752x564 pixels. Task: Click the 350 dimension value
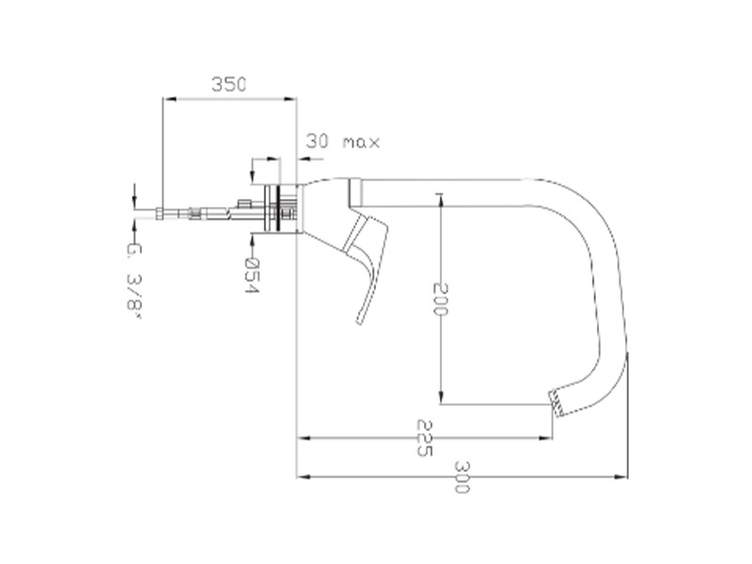tap(228, 85)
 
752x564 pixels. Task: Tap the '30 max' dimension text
tap(343, 142)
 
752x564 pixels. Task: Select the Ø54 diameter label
tap(251, 275)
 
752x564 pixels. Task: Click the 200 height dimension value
tap(440, 299)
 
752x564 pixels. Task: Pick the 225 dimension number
tap(425, 438)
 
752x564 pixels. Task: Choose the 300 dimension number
tap(462, 478)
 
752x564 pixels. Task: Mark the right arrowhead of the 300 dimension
tap(621, 477)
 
